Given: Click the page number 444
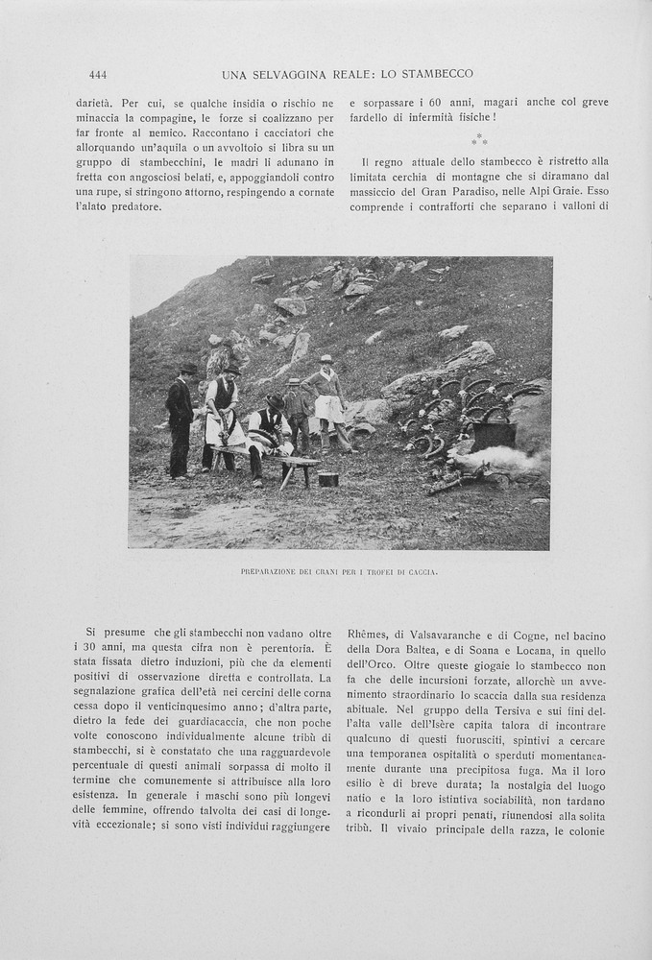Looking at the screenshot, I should [97, 74].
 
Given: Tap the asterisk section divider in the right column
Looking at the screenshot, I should [479, 140].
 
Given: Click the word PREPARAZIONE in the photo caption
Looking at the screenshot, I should [271, 572].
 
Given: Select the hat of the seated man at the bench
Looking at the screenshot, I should [276, 400].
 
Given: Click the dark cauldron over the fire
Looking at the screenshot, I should [493, 435].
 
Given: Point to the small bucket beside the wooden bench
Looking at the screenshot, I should [328, 479].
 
